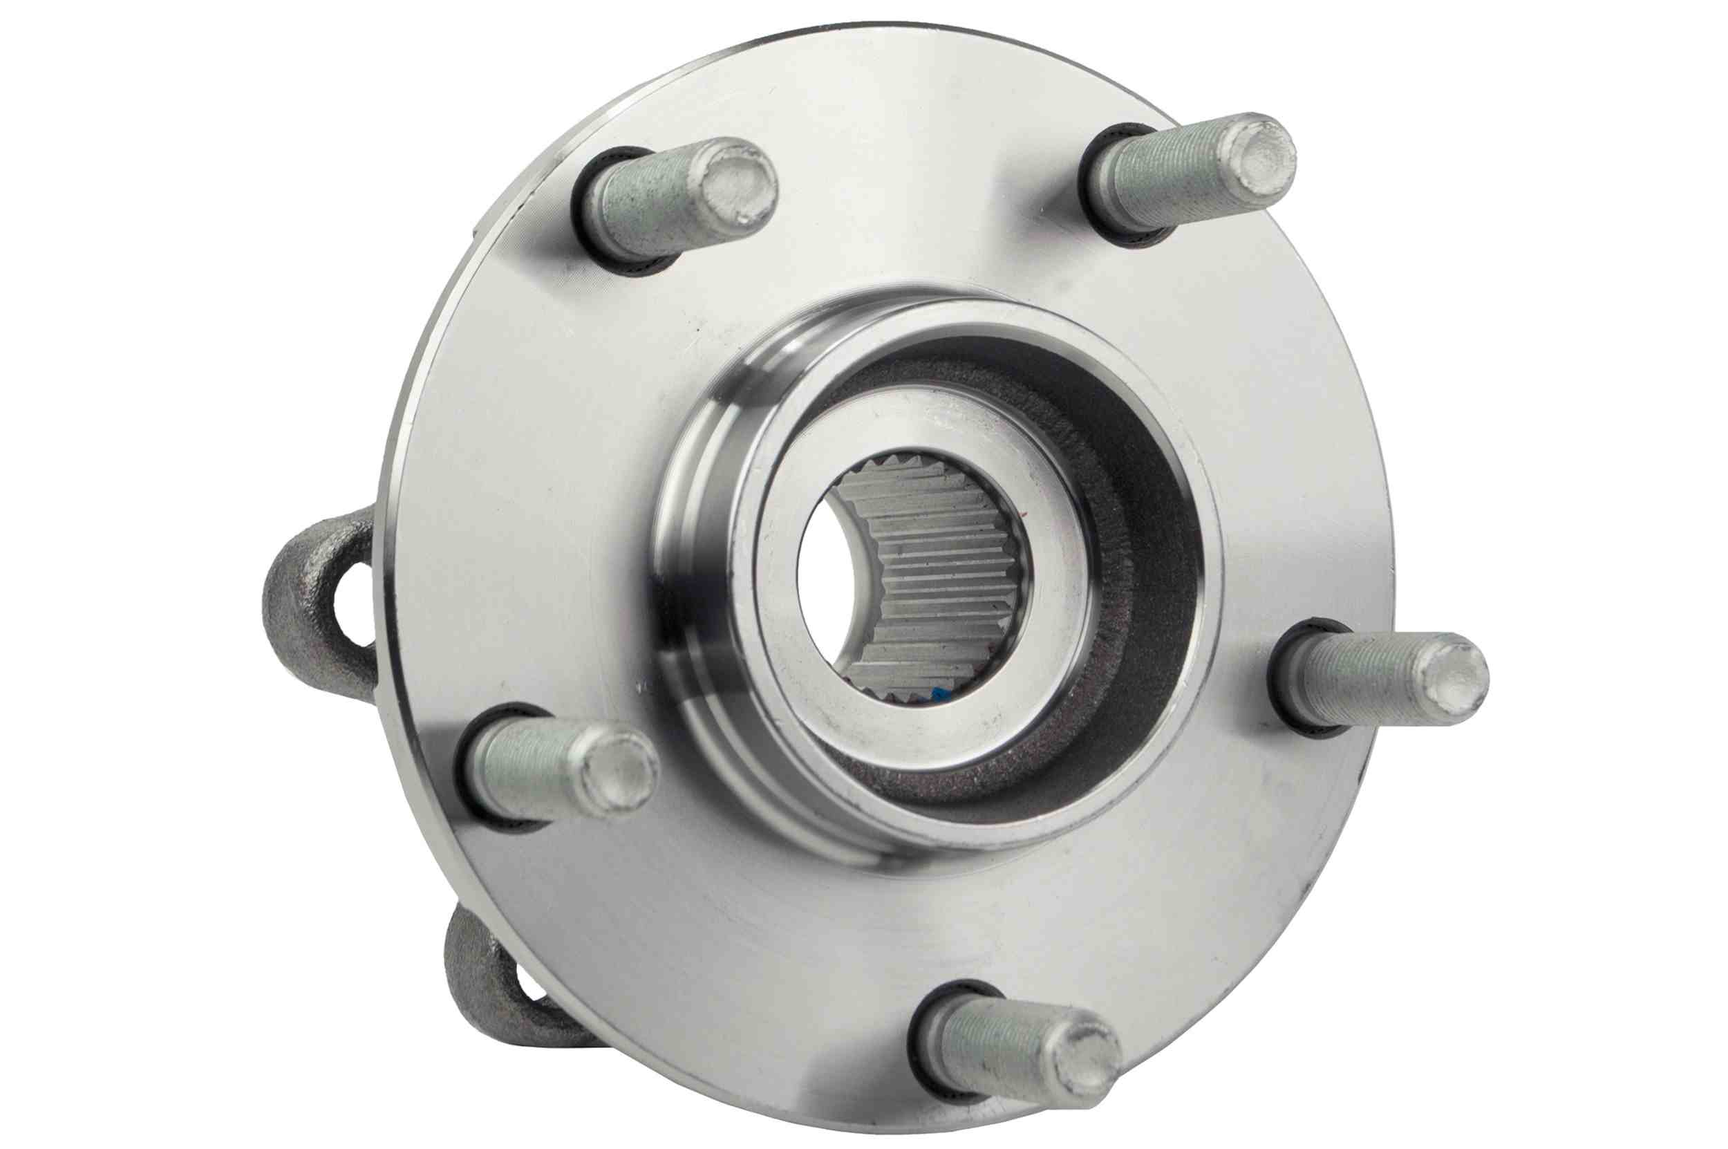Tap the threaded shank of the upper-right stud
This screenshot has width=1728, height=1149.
point(1165,183)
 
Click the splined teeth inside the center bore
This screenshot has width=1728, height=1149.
point(945,579)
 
